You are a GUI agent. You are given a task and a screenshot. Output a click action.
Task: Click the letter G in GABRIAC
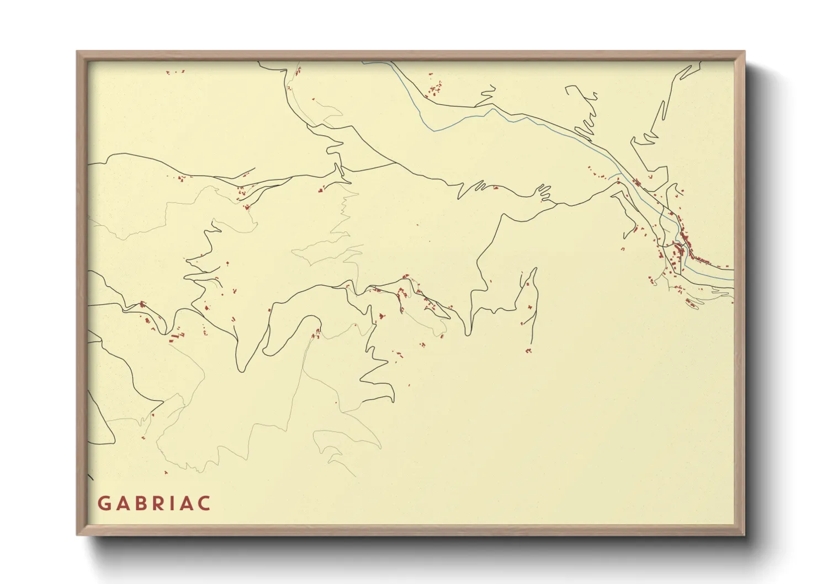click(104, 503)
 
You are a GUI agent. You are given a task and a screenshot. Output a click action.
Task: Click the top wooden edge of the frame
click(411, 56)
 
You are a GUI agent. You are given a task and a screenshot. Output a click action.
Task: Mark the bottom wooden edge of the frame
click(411, 529)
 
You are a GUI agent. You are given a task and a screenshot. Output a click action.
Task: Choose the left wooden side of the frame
click(82, 293)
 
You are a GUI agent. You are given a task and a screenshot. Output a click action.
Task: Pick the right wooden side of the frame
click(740, 293)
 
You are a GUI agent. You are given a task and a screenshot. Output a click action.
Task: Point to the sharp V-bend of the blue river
click(434, 131)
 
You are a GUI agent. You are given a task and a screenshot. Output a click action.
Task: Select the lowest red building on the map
click(166, 472)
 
